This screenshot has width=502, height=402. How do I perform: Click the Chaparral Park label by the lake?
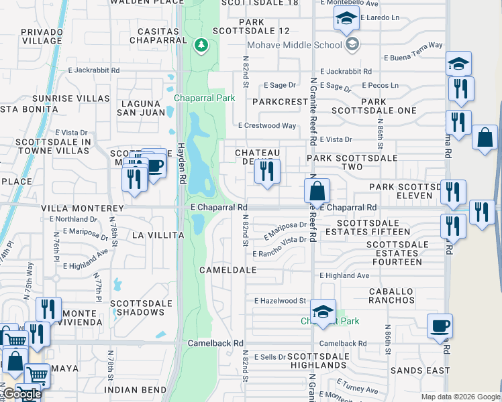tap(205, 98)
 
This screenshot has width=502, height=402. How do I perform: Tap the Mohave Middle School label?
tap(295, 45)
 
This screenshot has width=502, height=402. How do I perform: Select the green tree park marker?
tap(200, 46)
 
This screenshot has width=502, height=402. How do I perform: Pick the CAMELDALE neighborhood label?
tap(228, 270)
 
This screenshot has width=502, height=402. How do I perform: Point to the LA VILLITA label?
tap(158, 235)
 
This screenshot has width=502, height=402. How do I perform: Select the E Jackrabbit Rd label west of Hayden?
tap(93, 70)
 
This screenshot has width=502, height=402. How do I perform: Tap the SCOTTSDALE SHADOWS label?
tap(142, 308)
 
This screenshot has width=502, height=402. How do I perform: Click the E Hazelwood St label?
tap(280, 301)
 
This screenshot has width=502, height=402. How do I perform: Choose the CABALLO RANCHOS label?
tap(392, 296)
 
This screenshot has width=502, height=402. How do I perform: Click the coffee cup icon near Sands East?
tap(440, 326)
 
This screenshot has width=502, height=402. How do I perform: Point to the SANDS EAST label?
tap(421, 371)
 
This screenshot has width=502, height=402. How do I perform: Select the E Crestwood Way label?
tap(267, 125)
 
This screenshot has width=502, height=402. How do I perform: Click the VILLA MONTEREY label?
tap(82, 209)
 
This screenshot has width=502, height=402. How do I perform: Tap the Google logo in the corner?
tap(21, 394)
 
